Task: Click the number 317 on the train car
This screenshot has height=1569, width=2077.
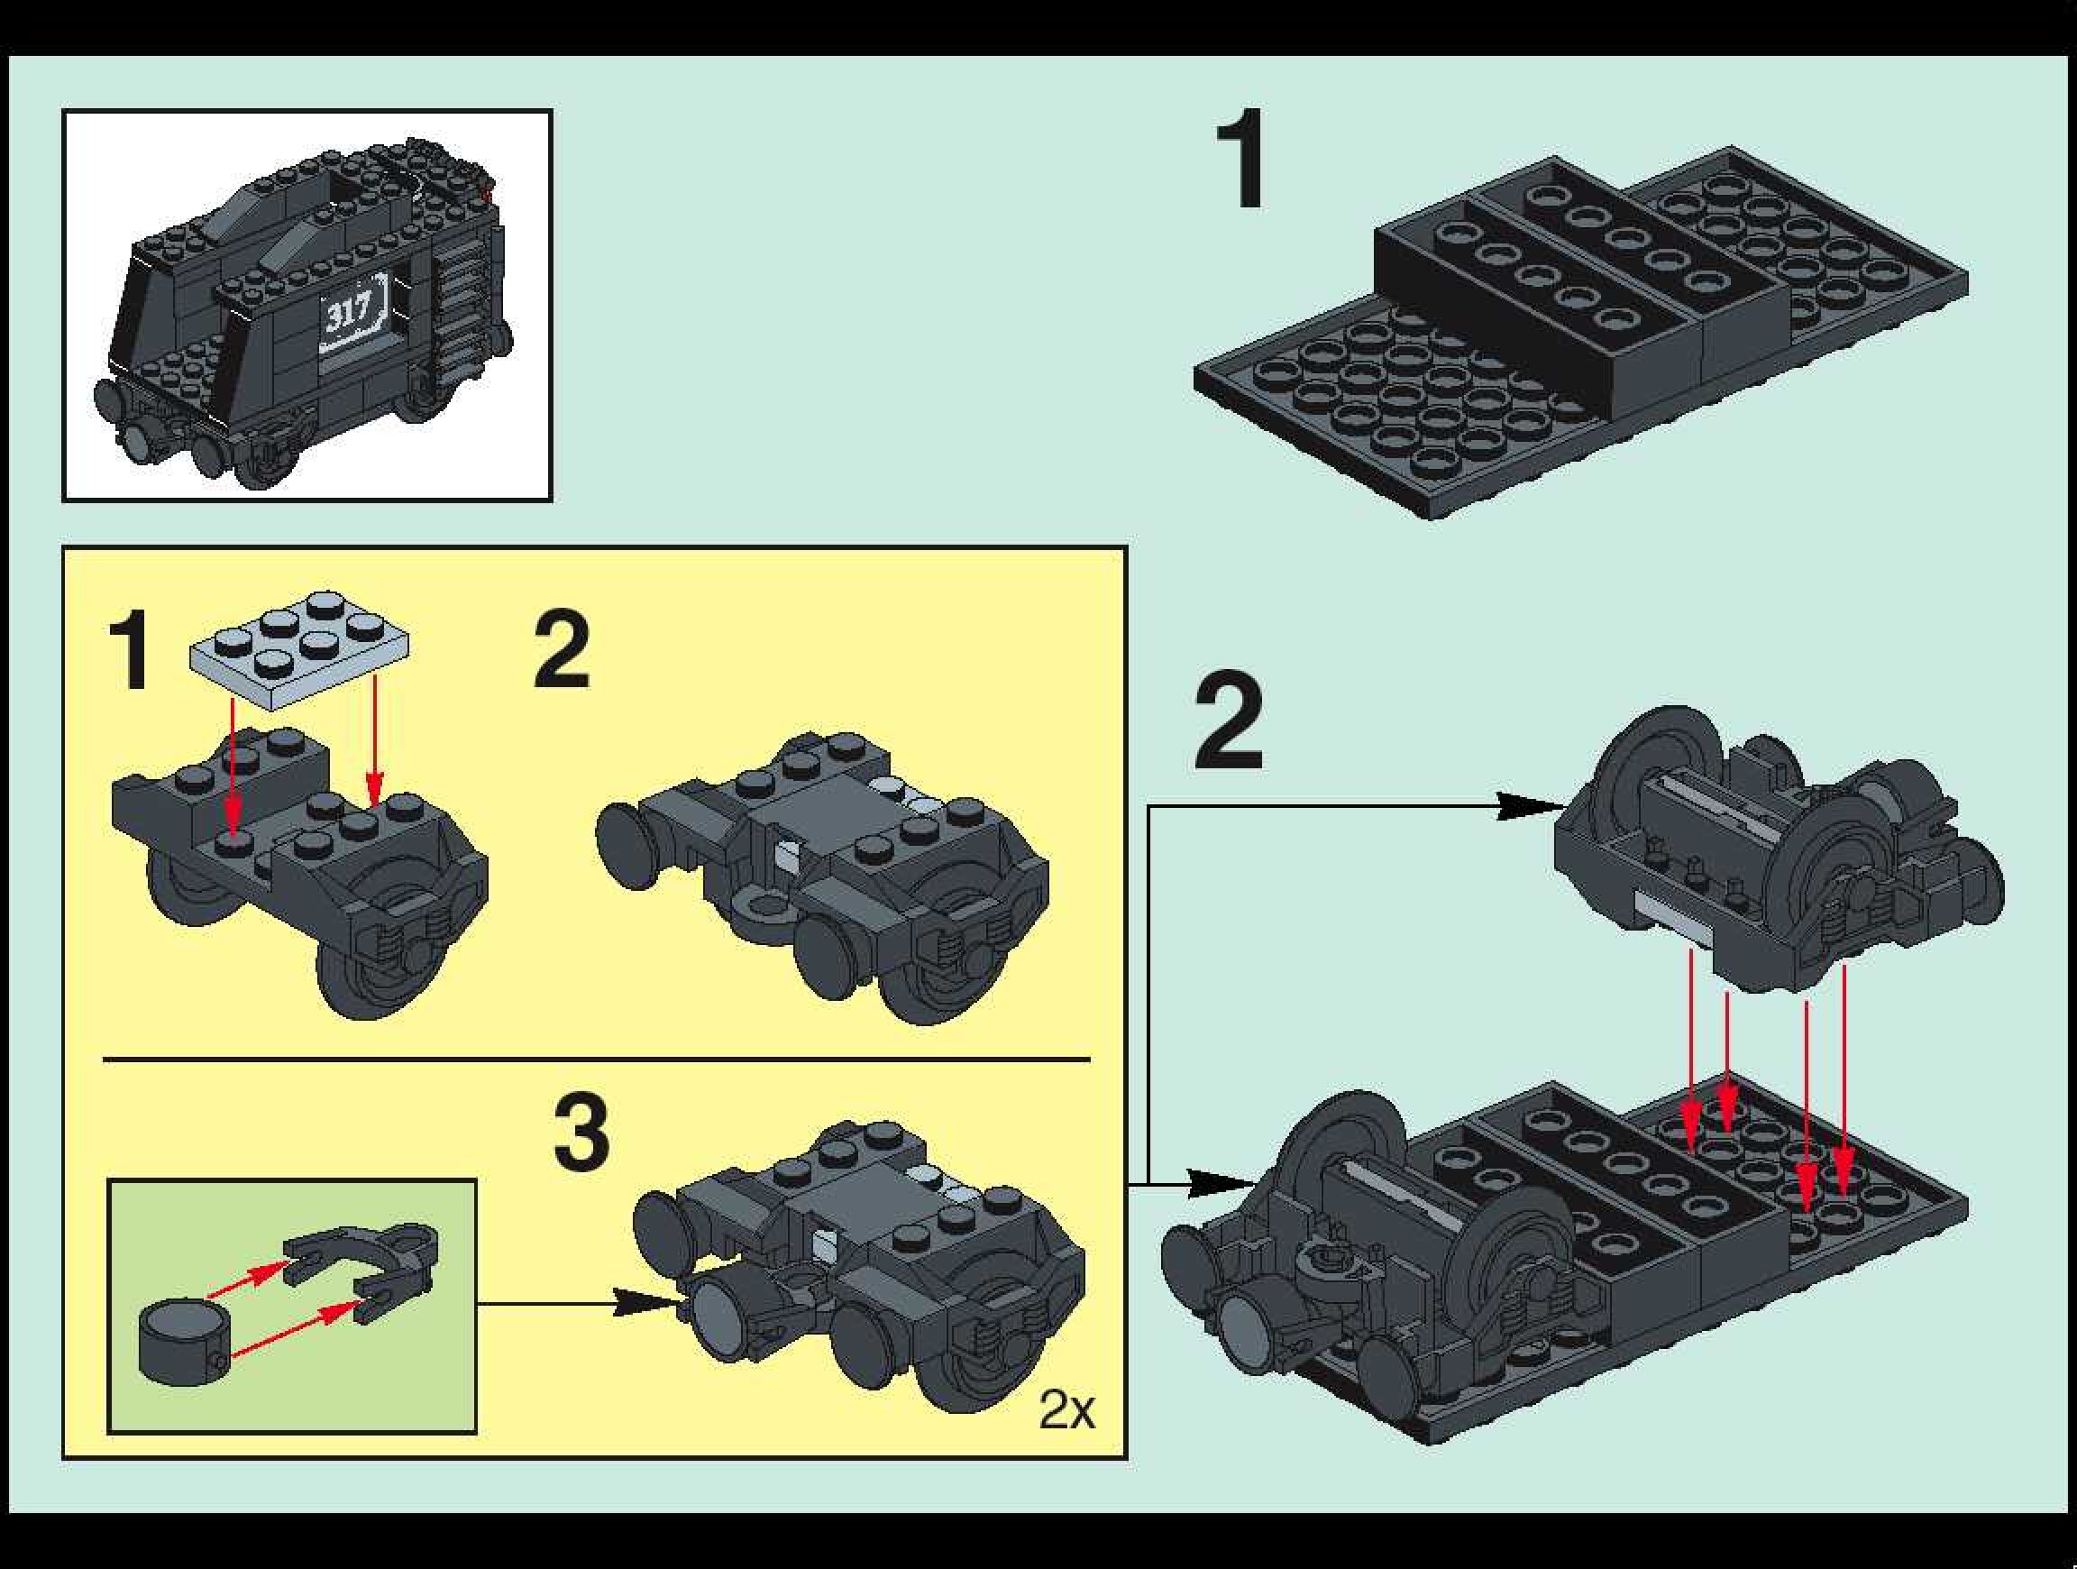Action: [x=349, y=309]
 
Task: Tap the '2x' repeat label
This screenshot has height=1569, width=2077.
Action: [x=1066, y=1409]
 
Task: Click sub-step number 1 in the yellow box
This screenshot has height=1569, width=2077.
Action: [x=129, y=649]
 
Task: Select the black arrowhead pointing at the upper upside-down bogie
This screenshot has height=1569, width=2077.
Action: [x=1528, y=805]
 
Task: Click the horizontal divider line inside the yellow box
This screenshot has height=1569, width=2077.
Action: [x=596, y=1060]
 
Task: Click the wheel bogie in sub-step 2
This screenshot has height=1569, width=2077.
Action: [x=822, y=878]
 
